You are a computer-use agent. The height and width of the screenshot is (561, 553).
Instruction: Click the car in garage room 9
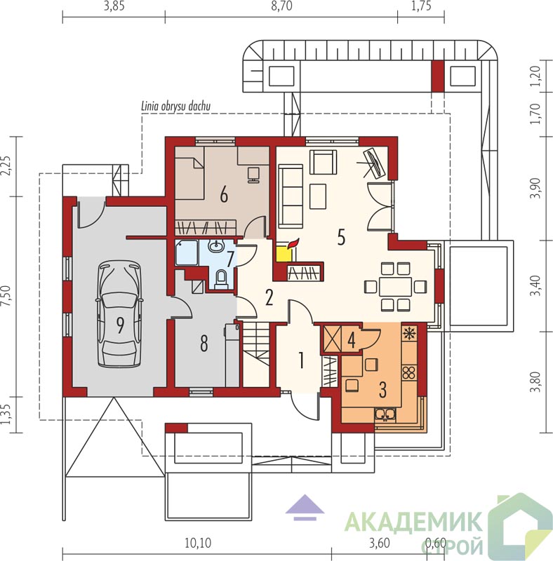(x=119, y=314)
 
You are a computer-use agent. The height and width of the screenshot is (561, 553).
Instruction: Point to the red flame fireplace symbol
(x=293, y=243)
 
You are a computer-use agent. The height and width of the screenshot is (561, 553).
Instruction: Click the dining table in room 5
(x=395, y=286)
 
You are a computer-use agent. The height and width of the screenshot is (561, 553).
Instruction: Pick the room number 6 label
(x=224, y=196)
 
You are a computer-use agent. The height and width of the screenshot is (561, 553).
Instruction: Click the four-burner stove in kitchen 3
(x=408, y=372)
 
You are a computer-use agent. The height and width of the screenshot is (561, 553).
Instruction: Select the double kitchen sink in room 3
(x=385, y=414)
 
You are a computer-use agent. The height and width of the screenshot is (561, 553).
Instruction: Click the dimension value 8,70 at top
(x=281, y=6)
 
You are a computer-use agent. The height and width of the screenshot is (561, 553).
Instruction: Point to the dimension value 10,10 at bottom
(x=198, y=543)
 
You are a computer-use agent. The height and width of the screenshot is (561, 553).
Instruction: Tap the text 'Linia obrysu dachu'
(x=176, y=106)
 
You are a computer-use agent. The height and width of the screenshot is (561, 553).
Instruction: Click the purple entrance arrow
(x=305, y=507)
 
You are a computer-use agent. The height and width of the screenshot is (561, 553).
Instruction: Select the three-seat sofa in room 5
(x=291, y=196)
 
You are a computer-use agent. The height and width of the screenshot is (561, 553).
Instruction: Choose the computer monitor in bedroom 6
(x=253, y=175)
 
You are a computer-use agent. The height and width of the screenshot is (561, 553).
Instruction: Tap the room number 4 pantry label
(x=352, y=340)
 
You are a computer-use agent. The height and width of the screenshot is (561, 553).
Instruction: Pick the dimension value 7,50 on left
(x=6, y=296)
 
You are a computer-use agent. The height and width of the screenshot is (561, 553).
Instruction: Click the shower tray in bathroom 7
(x=187, y=252)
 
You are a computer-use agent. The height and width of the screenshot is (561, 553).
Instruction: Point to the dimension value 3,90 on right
(x=536, y=189)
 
